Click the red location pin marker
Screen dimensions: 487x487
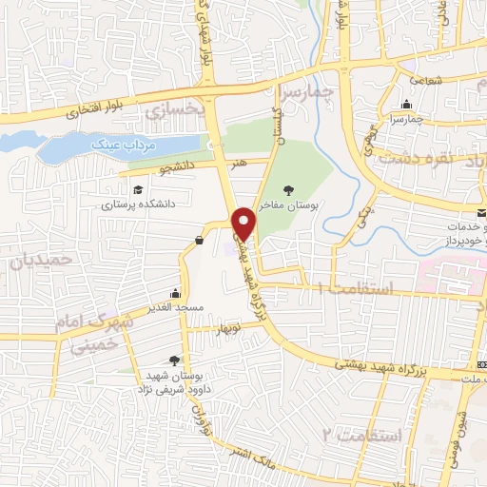click(244, 223)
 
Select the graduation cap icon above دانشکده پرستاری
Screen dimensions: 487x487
click(138, 189)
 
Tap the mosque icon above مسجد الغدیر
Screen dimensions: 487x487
click(174, 294)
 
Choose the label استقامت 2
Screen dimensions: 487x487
click(364, 435)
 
